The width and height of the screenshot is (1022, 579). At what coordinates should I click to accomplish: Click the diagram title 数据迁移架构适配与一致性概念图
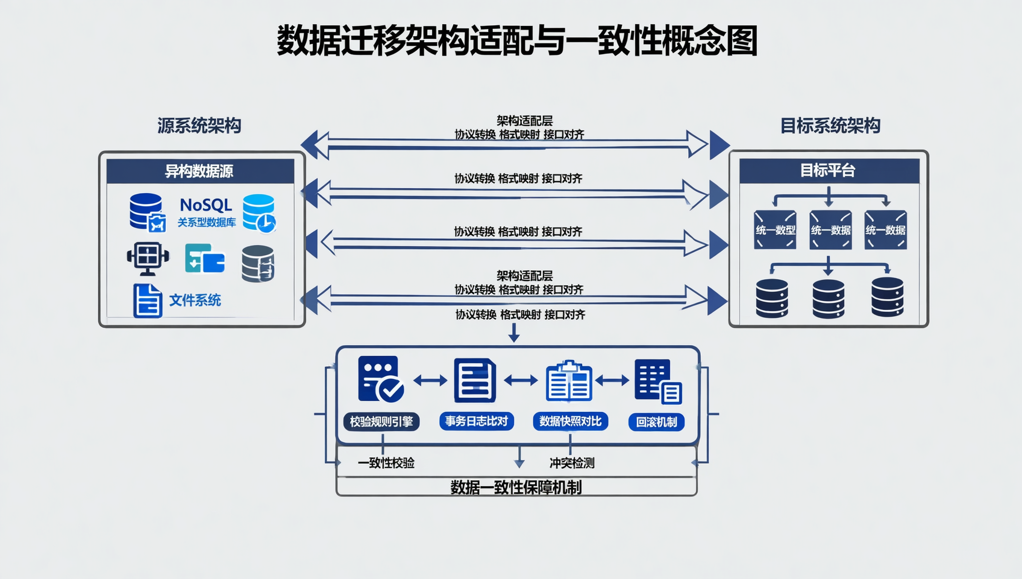(516, 41)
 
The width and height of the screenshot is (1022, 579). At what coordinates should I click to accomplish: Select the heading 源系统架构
(199, 125)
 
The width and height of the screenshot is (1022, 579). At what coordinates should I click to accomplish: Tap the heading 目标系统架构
(830, 125)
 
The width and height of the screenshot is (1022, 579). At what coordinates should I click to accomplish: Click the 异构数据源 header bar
(200, 171)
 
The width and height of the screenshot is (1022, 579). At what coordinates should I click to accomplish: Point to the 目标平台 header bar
(829, 171)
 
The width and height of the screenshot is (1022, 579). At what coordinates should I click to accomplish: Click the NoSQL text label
(206, 205)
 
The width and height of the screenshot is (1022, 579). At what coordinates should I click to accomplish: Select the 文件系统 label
(195, 300)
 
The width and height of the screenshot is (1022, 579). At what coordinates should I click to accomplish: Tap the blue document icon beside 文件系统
(148, 300)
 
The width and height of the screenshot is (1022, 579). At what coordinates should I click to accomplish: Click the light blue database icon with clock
(259, 213)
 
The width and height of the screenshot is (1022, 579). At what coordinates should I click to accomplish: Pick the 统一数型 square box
(775, 230)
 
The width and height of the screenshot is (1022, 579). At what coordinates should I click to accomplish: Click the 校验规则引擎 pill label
(381, 422)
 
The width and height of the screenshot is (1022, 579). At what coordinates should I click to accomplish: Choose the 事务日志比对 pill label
(477, 421)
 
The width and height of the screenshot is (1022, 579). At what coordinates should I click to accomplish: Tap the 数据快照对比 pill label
(570, 421)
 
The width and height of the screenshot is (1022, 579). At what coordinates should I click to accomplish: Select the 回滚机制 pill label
(656, 422)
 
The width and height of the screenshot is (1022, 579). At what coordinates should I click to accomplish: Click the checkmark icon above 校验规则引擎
(381, 379)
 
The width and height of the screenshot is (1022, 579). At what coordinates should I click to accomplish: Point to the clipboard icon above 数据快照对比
(569, 381)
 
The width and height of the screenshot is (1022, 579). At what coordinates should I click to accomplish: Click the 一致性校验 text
(386, 463)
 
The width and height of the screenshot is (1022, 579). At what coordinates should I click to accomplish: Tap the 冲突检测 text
(572, 463)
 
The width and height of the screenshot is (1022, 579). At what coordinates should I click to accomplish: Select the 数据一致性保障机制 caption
(516, 487)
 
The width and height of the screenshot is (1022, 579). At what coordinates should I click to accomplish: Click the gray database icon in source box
(258, 264)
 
